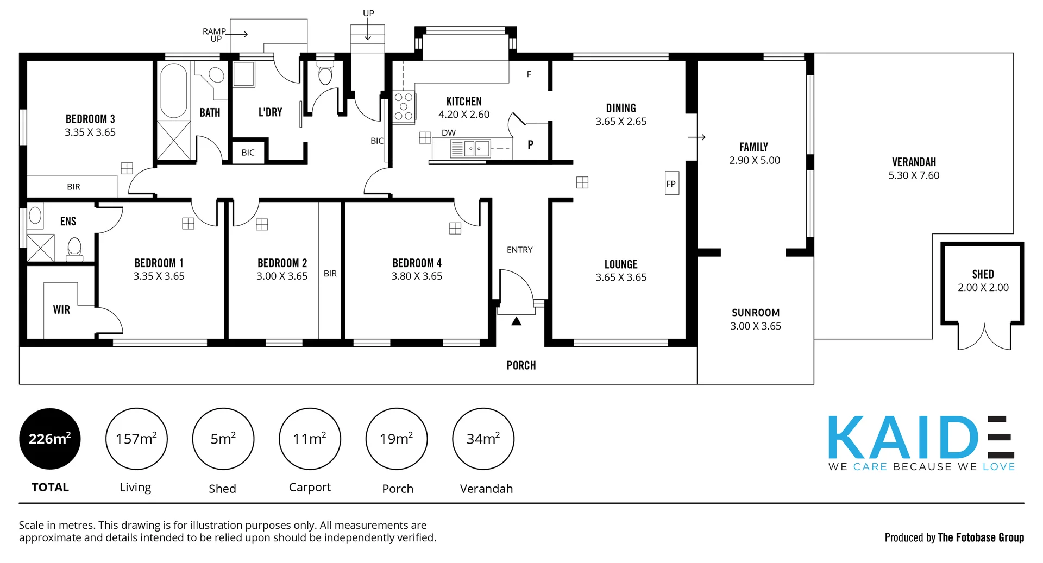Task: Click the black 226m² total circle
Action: [50, 439]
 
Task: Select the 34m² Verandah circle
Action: [483, 439]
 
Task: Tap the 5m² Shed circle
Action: [223, 439]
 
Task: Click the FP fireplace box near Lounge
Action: [671, 184]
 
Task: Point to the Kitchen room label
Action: [464, 102]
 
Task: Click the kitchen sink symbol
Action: [470, 148]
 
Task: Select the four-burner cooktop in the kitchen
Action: [404, 107]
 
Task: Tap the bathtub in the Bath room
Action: [174, 91]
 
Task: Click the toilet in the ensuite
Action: [74, 249]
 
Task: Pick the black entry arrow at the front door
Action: [517, 321]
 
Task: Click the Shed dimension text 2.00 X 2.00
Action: [983, 288]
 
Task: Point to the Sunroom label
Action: [755, 313]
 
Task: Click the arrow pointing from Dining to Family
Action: [696, 137]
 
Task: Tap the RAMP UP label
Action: [215, 35]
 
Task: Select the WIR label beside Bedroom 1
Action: [61, 309]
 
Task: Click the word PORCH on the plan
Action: [521, 365]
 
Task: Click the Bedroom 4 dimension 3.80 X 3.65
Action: [417, 276]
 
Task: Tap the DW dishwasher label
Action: [449, 133]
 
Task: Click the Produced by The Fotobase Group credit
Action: [954, 537]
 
